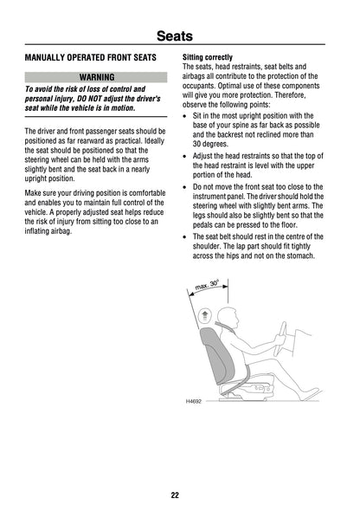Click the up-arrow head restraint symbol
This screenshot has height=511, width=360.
pyautogui.click(x=205, y=315)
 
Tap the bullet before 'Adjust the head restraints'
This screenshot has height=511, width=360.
pyautogui.click(x=187, y=156)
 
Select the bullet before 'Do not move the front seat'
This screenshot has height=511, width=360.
pyautogui.click(x=187, y=186)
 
